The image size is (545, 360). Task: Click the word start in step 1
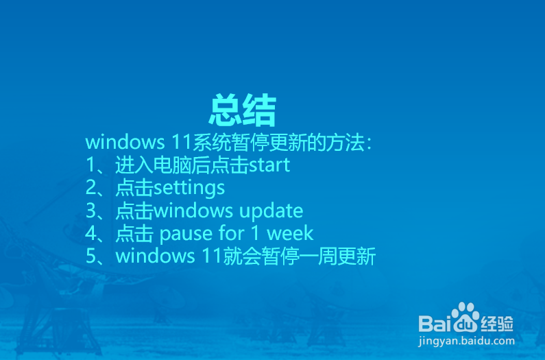coord(269,165)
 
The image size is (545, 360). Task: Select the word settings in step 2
coord(189,187)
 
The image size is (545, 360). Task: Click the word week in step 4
coord(290,233)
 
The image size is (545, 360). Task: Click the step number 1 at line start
coord(91,165)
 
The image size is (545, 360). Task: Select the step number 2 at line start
coord(91,187)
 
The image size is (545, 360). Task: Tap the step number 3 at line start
coord(91,211)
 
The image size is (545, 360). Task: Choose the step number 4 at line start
coord(91,233)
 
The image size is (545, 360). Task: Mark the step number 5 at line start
coord(91,256)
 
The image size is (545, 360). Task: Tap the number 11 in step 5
coord(208,256)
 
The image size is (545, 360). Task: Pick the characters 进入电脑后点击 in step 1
coord(181,165)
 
